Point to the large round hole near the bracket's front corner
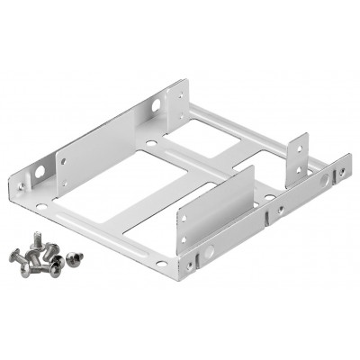coord(190,262)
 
